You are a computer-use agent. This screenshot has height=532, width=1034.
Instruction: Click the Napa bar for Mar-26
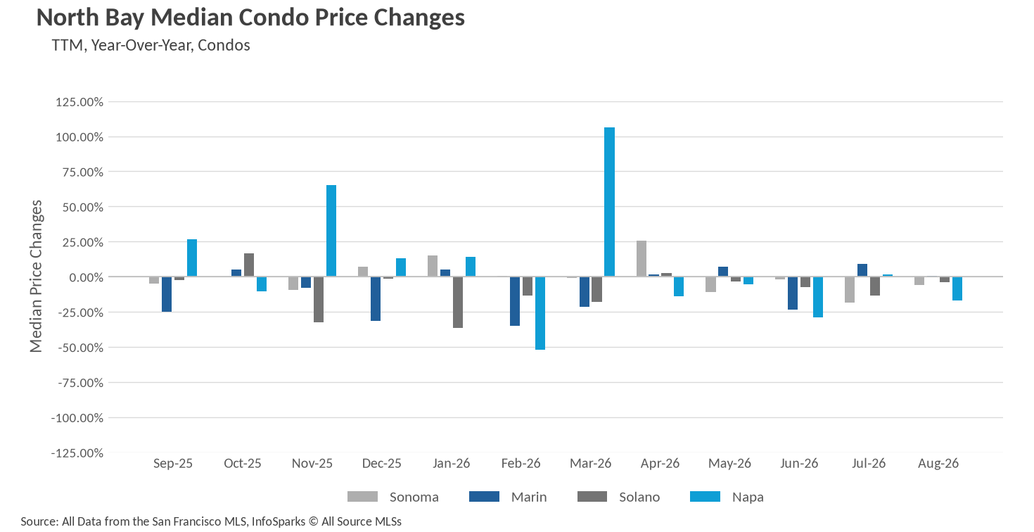click(609, 202)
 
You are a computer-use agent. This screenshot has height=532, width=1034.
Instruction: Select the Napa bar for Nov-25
click(331, 231)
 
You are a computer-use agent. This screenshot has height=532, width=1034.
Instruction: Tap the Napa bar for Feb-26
click(540, 313)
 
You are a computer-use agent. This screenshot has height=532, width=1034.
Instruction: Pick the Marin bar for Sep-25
click(167, 294)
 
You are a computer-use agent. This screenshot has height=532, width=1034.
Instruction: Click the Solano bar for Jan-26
click(457, 302)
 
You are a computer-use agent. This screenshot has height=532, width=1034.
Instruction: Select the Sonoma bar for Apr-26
click(642, 259)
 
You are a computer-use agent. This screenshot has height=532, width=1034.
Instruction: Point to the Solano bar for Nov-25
click(319, 299)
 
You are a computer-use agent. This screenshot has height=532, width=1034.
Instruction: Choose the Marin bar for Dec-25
click(376, 299)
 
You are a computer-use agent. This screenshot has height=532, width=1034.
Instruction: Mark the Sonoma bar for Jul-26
click(850, 289)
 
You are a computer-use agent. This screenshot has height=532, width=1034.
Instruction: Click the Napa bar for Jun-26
click(817, 297)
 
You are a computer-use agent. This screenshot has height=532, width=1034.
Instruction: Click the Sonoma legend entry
click(392, 497)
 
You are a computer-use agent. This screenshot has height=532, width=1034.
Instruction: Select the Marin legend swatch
click(484, 497)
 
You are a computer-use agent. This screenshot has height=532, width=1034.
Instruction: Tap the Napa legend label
click(748, 497)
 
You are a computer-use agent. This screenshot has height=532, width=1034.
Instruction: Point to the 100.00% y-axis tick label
click(79, 137)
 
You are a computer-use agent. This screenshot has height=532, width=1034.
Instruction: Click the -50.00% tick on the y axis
click(80, 348)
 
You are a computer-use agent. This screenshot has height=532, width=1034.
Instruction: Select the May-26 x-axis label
click(729, 464)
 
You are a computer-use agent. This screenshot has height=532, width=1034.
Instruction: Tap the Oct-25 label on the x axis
click(243, 463)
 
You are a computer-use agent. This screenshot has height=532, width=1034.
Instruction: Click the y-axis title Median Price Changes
click(36, 276)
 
